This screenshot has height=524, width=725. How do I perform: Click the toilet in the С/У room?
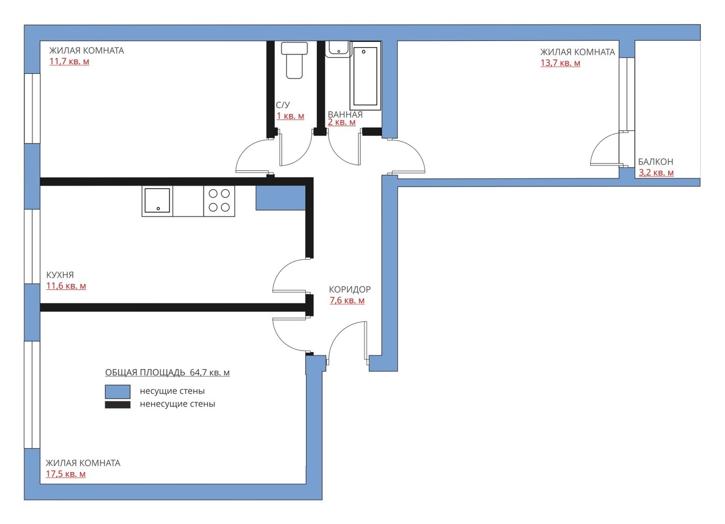click(294, 60)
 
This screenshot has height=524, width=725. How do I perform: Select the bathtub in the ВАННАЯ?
click(365, 76)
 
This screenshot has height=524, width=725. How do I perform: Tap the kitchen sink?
click(157, 201)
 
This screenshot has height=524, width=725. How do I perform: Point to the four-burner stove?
click(219, 201)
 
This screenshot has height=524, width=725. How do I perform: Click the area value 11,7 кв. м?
click(69, 61)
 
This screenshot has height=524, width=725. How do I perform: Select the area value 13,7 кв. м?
click(560, 63)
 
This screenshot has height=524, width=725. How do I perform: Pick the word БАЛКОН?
click(656, 161)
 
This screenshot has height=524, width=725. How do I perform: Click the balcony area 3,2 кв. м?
click(656, 172)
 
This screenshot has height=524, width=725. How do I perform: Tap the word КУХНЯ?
click(60, 275)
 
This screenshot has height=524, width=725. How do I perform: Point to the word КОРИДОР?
click(350, 289)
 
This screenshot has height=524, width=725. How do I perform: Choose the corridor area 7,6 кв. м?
click(347, 300)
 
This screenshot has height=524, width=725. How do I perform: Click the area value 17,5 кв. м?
click(66, 474)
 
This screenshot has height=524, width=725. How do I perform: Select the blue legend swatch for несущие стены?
click(118, 391)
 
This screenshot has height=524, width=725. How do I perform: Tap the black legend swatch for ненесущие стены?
click(118, 405)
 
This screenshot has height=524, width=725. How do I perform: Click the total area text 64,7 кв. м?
click(210, 373)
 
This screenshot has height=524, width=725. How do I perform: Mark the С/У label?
click(283, 105)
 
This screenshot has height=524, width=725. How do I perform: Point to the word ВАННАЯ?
click(345, 114)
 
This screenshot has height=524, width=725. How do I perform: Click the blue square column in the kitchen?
click(281, 198)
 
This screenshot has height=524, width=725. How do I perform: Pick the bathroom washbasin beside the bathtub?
click(338, 49)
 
